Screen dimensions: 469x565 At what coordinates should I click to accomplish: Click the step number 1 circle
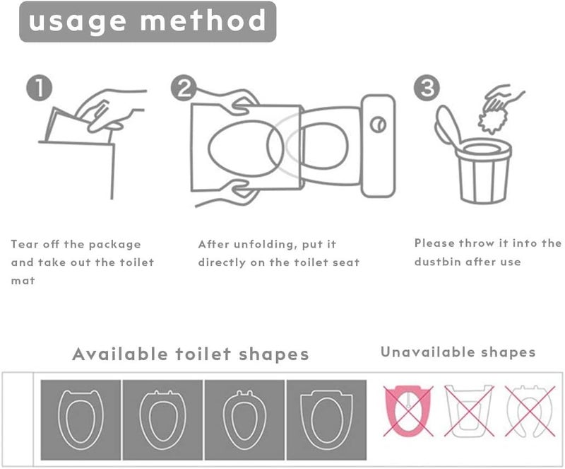click(39, 89)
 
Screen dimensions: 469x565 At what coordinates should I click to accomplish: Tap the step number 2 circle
click(183, 89)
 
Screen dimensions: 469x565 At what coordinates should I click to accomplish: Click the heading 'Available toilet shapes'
click(190, 354)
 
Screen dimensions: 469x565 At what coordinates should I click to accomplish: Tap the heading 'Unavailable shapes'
click(458, 352)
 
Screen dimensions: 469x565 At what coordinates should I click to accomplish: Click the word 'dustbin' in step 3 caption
click(438, 262)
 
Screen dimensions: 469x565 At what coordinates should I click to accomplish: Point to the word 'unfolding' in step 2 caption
click(259, 244)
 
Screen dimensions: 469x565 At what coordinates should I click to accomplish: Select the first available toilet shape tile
click(81, 411)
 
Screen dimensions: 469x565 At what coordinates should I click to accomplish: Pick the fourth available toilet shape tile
click(326, 411)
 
